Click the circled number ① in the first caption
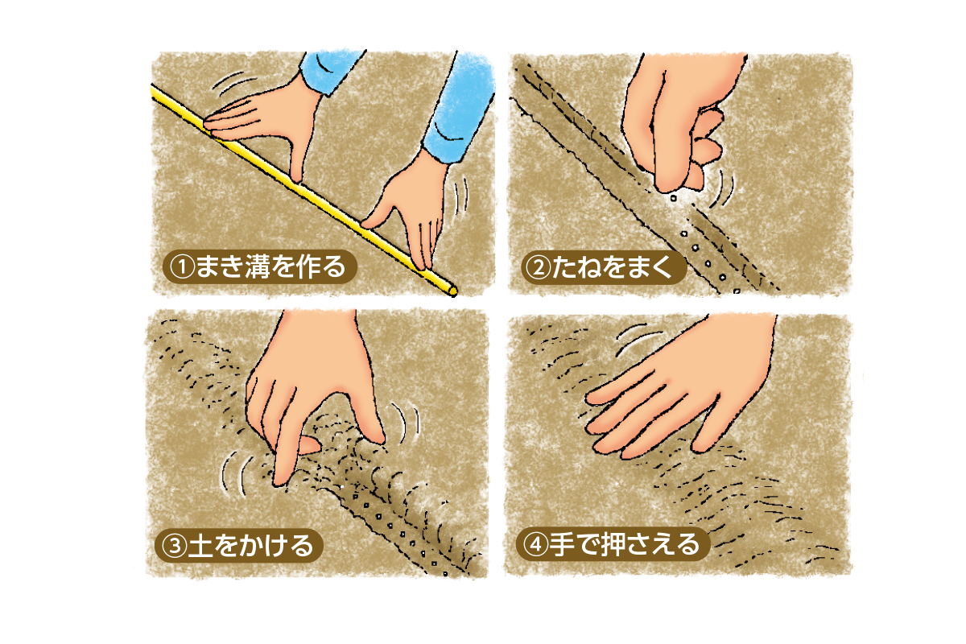click(x=183, y=266)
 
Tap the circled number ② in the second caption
click(x=539, y=268)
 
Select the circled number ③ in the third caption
click(x=173, y=546)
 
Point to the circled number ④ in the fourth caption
click(x=535, y=544)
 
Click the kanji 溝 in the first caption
click(x=258, y=266)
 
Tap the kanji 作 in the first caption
click(x=308, y=266)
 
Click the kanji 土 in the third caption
click(x=200, y=546)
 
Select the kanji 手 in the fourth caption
click(x=561, y=544)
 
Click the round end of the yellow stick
click(x=452, y=291)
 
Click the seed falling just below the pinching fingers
click(x=673, y=198)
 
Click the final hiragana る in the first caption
click(x=334, y=266)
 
